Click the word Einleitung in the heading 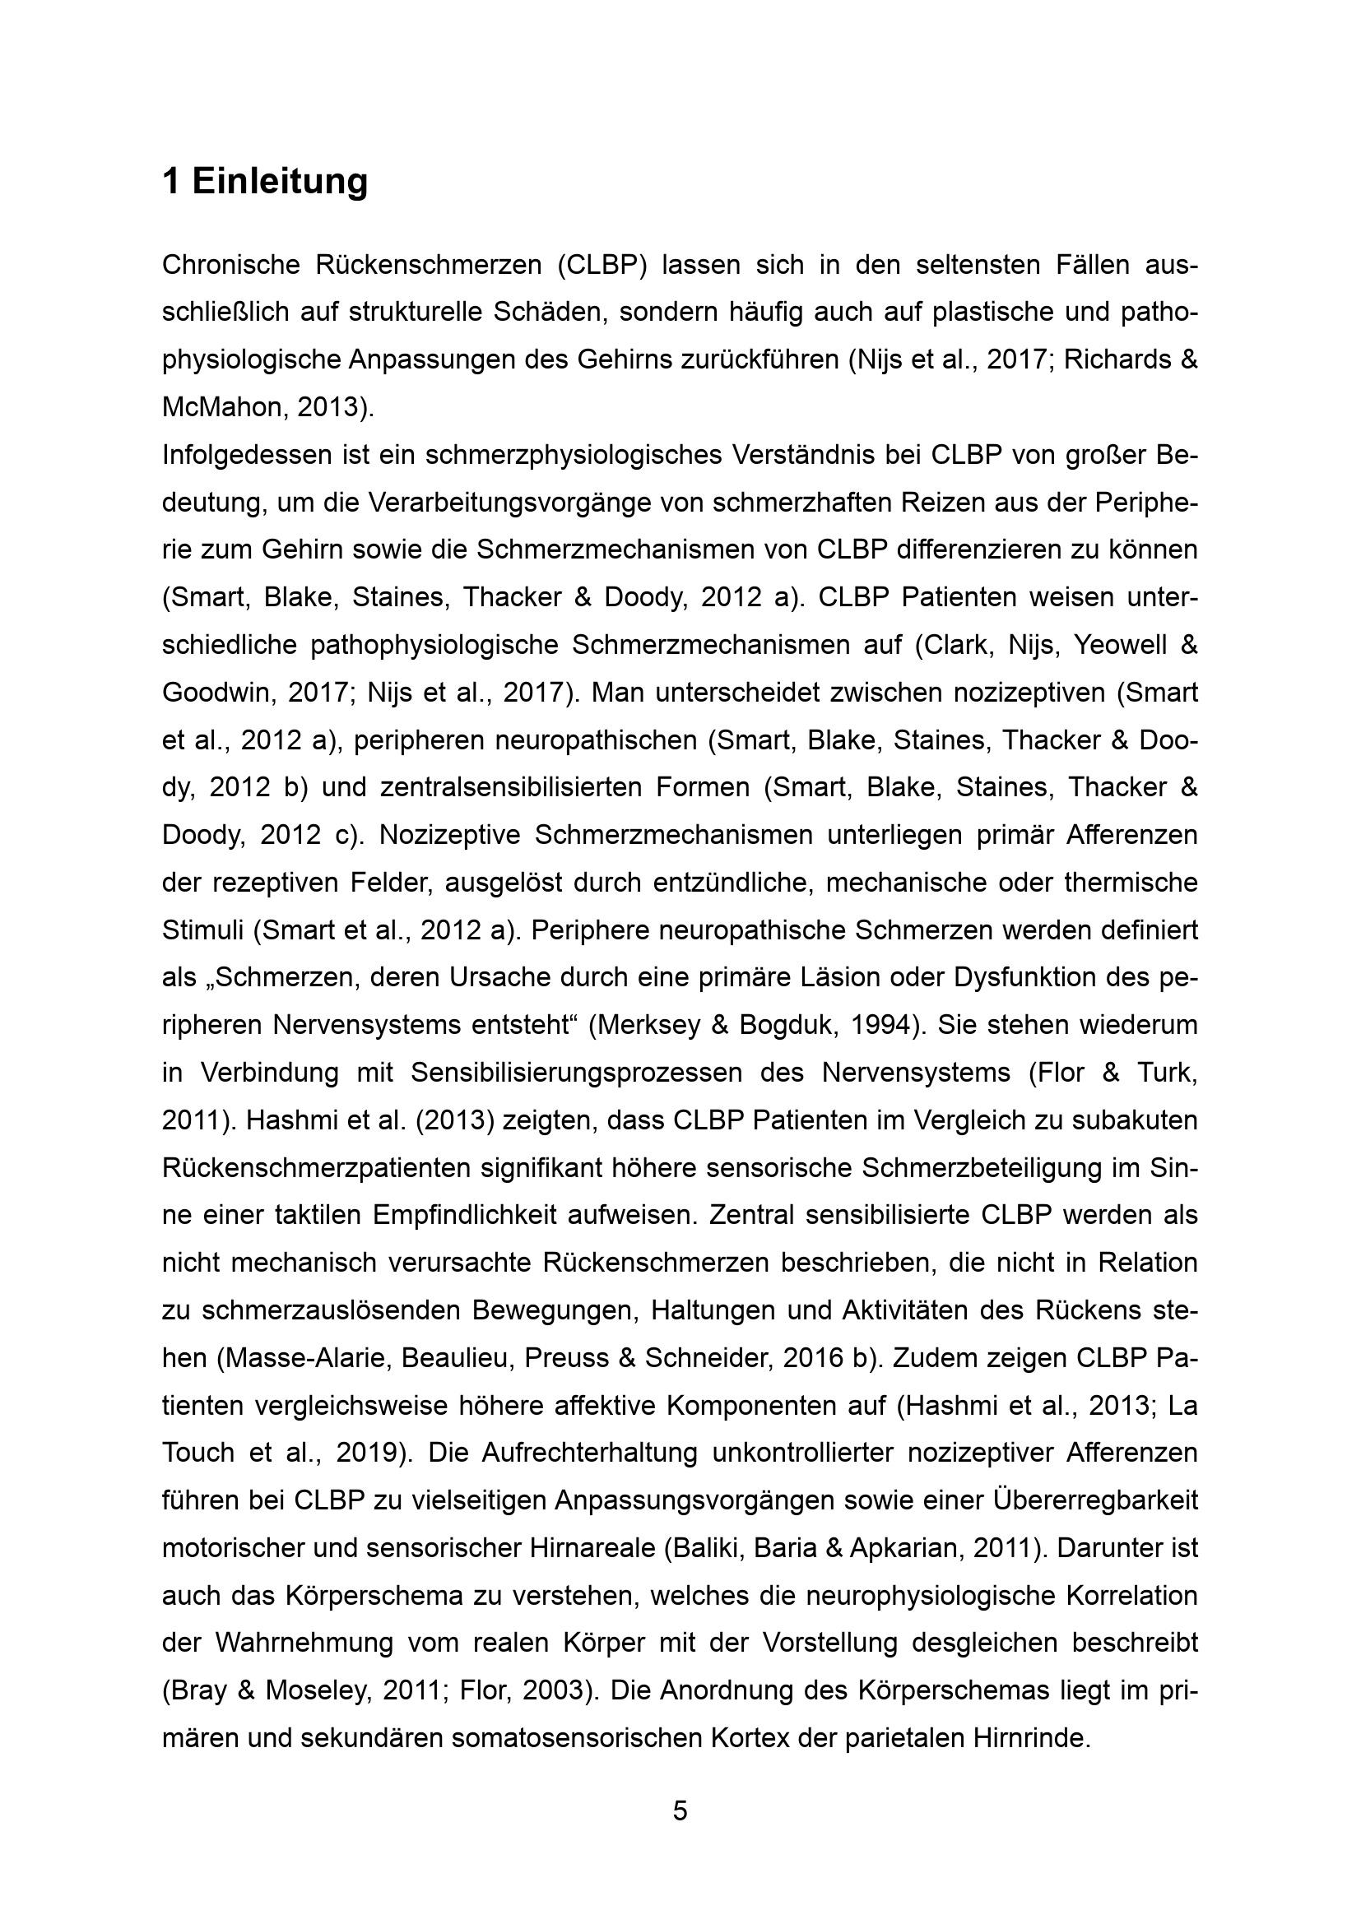(280, 182)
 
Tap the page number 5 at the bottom (680, 1810)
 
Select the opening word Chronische (230, 265)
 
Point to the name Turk (1162, 1073)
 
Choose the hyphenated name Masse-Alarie (304, 1358)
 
